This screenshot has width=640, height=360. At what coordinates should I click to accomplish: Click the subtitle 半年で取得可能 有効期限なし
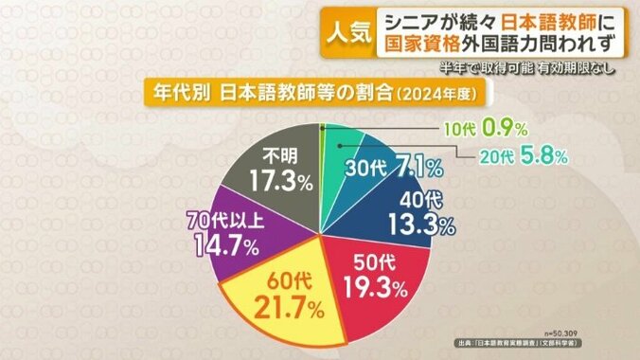538,69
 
